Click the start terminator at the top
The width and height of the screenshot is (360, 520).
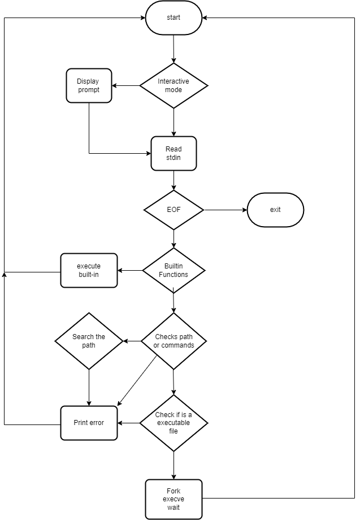pyautogui.click(x=174, y=18)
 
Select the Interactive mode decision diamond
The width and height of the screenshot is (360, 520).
pyautogui.click(x=174, y=85)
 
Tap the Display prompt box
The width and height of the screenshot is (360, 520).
pyautogui.click(x=89, y=85)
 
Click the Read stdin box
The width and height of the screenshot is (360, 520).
pyautogui.click(x=174, y=153)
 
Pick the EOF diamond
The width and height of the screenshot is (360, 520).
pyautogui.click(x=174, y=210)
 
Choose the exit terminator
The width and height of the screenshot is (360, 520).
pyautogui.click(x=275, y=210)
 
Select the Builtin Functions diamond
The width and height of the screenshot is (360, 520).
pyautogui.click(x=174, y=270)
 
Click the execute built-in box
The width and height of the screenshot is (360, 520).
pyautogui.click(x=89, y=270)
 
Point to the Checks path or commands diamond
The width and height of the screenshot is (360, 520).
pyautogui.click(x=174, y=341)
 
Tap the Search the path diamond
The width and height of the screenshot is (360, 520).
pyautogui.click(x=89, y=341)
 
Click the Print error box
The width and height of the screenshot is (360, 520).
pyautogui.click(x=89, y=422)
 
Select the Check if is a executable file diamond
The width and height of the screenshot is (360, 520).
pyautogui.click(x=174, y=422)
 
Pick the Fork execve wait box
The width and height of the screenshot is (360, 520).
pyautogui.click(x=174, y=499)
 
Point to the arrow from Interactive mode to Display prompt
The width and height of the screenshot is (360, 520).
pyautogui.click(x=125, y=86)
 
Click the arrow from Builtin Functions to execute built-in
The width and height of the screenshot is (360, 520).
pyautogui.click(x=130, y=270)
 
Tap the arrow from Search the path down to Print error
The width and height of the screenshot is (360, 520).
pyautogui.click(x=89, y=387)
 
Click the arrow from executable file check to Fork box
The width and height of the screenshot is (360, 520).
pyautogui.click(x=174, y=465)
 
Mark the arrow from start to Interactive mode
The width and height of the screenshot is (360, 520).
pyautogui.click(x=174, y=49)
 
